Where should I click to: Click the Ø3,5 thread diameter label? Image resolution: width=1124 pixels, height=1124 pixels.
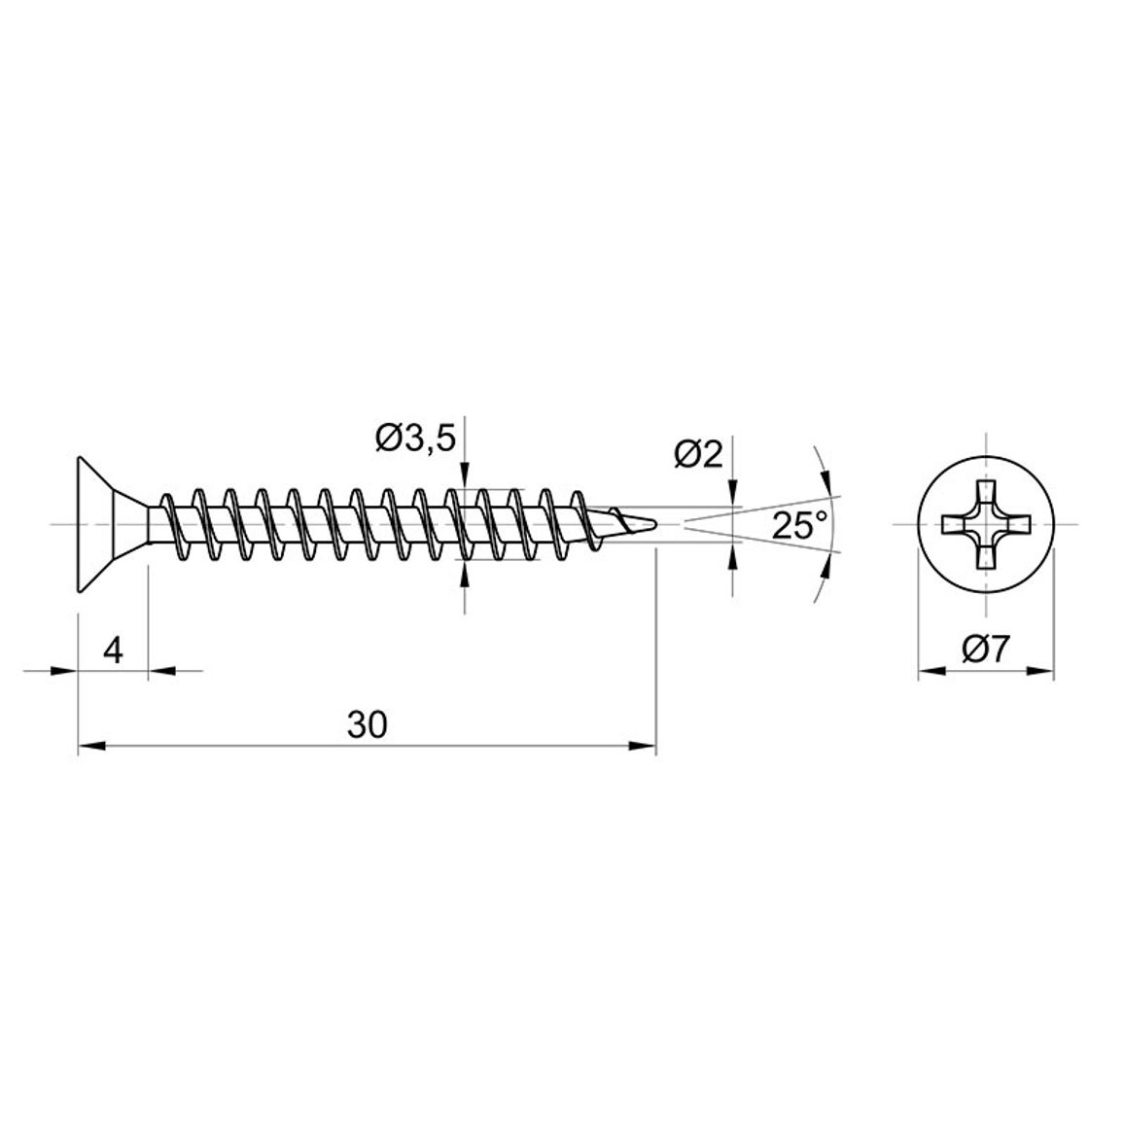pyautogui.click(x=415, y=438)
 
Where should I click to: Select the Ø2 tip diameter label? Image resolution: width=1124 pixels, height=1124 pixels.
pyautogui.click(x=699, y=454)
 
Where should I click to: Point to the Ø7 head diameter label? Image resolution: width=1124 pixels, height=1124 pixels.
pyautogui.click(x=986, y=650)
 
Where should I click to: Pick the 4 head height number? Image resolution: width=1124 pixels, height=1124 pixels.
pyautogui.click(x=113, y=650)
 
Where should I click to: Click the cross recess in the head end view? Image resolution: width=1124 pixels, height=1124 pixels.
pyautogui.click(x=986, y=525)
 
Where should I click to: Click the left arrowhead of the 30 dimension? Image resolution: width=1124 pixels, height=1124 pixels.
pyautogui.click(x=91, y=746)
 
